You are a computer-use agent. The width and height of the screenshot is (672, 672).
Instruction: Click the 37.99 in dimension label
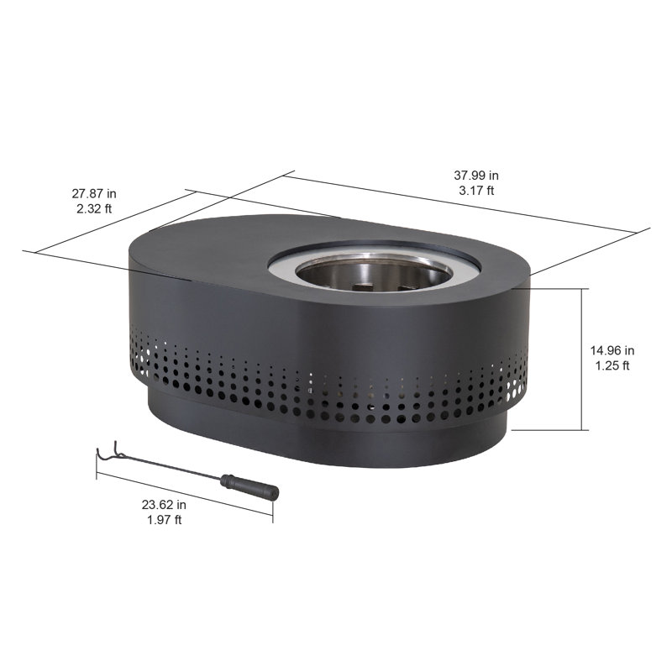pyautogui.click(x=476, y=176)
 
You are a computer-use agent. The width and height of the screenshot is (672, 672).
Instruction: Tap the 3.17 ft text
pyautogui.click(x=476, y=191)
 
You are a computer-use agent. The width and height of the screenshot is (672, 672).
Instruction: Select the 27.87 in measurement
pyautogui.click(x=94, y=194)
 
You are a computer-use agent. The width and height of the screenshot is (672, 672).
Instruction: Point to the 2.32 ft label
pyautogui.click(x=94, y=208)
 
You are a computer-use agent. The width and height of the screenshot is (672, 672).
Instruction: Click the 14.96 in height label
pyautogui.click(x=612, y=350)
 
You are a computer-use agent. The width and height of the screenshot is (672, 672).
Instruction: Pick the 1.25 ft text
pyautogui.click(x=612, y=365)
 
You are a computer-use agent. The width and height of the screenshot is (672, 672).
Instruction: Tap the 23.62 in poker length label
pyautogui.click(x=164, y=505)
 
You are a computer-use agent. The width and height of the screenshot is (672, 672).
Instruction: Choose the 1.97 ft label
pyautogui.click(x=164, y=519)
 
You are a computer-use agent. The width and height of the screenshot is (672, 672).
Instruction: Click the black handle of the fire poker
pyautogui.click(x=249, y=486)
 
